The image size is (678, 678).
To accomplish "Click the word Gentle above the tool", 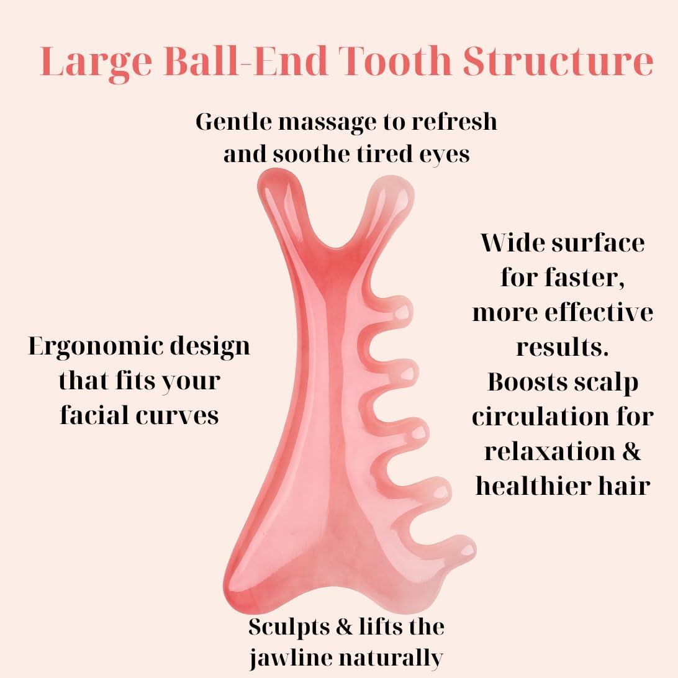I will point(233,121).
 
